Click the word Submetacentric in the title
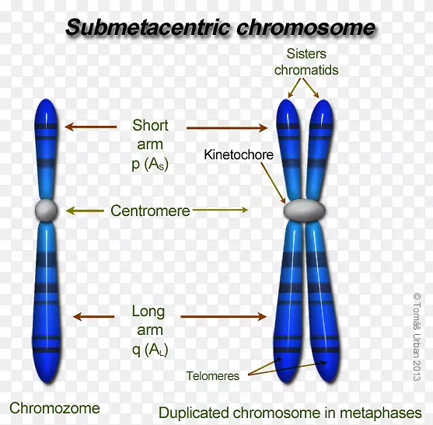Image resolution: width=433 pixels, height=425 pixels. click(x=148, y=28)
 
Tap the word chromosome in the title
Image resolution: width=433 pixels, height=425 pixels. click(x=306, y=28)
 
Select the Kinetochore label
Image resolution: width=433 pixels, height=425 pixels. click(x=239, y=155)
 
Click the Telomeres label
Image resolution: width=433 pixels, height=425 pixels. click(x=213, y=376)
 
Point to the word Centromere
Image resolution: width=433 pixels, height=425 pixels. click(x=150, y=211)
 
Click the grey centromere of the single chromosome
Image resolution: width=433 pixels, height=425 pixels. click(x=47, y=211)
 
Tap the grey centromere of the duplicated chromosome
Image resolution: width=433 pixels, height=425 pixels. click(x=304, y=210)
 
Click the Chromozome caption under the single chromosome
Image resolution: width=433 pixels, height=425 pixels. click(x=54, y=408)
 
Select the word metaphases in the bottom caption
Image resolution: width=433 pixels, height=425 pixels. click(x=381, y=413)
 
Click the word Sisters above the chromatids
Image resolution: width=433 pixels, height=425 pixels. click(x=306, y=54)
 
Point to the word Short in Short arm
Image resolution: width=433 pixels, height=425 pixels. click(x=150, y=126)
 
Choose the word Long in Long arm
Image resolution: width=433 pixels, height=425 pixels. click(x=148, y=312)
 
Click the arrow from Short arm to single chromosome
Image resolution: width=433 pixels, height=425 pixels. click(x=91, y=127)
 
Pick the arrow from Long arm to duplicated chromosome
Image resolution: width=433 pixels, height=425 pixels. click(x=223, y=316)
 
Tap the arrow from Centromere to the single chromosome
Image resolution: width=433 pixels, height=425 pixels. click(x=85, y=211)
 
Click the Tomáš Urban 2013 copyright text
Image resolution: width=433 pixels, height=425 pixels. click(x=417, y=337)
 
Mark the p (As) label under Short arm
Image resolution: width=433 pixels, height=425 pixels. click(x=150, y=164)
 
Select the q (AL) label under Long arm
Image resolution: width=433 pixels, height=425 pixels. click(x=150, y=350)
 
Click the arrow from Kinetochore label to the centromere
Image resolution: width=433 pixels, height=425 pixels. click(x=273, y=183)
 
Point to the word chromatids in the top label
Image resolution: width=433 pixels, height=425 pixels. click(x=306, y=70)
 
